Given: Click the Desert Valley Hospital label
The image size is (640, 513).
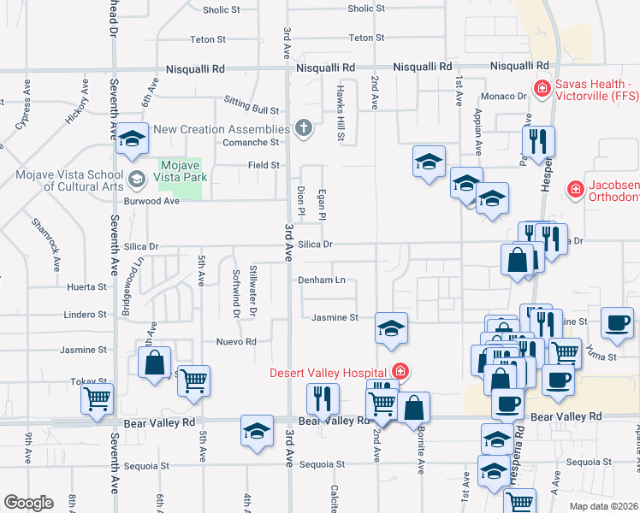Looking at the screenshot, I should click(x=329, y=372).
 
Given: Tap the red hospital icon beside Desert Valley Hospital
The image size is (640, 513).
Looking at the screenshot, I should click(x=400, y=371).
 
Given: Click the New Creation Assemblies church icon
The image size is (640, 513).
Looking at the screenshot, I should click(x=303, y=128).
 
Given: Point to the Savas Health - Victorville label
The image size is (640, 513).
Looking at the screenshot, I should click(x=594, y=90).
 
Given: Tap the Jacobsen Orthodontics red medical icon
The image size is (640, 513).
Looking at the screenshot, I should click(x=577, y=188).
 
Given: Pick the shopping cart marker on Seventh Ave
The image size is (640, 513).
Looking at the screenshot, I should click(x=97, y=398).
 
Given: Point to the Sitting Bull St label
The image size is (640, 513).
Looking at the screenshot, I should click(x=252, y=110).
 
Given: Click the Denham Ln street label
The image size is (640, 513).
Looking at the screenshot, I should click(x=321, y=280).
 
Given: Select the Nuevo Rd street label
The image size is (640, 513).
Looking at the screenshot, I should click(x=237, y=341).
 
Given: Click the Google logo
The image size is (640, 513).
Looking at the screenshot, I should click(x=28, y=503).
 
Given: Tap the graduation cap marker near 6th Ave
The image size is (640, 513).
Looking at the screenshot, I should click(x=132, y=139).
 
